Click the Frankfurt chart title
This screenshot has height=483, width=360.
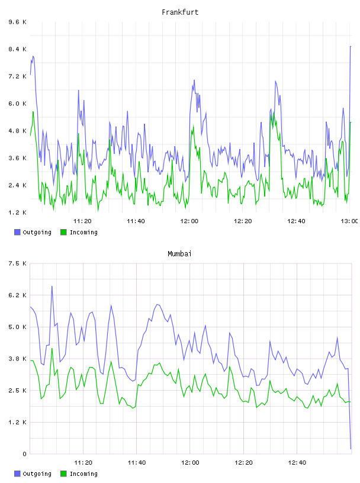[x=180, y=12]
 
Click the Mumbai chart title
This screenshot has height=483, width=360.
[x=179, y=254]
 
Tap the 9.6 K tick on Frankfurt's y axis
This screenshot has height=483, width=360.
[x=17, y=22]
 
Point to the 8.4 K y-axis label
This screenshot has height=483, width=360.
[x=17, y=49]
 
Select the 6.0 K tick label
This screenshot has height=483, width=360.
[x=17, y=104]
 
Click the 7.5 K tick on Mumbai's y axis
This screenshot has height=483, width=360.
[x=17, y=263]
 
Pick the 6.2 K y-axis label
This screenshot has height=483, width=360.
[x=17, y=295]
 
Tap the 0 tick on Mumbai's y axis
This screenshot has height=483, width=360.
[x=24, y=454]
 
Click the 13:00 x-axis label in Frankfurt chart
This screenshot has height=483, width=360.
[x=349, y=221]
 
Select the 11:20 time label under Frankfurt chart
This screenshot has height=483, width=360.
[x=82, y=221]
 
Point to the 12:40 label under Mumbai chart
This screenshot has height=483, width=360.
[x=297, y=462]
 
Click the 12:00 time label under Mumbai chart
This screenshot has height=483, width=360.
[x=190, y=462]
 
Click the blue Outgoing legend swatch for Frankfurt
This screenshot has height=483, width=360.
[x=17, y=232]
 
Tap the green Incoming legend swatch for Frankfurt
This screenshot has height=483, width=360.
[x=63, y=232]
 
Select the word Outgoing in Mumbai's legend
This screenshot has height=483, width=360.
[x=37, y=474]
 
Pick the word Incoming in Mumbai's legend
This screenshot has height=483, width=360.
[x=83, y=474]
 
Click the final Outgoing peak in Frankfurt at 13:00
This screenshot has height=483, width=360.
[x=351, y=46]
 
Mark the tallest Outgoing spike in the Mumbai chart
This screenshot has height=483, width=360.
[x=52, y=286]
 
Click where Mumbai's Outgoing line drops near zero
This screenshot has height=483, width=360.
[x=351, y=449]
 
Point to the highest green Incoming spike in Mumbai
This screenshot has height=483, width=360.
[x=52, y=349]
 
